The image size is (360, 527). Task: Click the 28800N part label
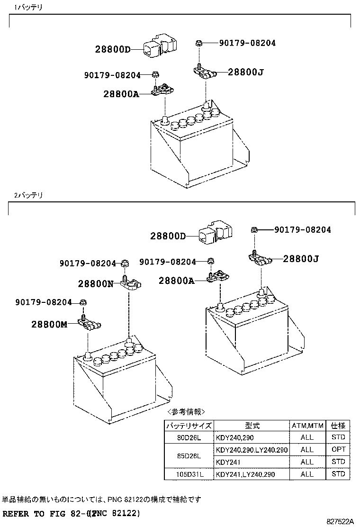96,284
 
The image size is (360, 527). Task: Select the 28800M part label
50,325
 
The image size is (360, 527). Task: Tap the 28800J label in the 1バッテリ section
245,72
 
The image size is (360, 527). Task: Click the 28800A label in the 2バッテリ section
176,281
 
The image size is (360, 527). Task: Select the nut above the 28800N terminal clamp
125,263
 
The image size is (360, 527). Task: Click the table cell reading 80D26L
189,437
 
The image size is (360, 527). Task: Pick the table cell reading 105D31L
189,474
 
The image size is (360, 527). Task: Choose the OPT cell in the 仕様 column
338,449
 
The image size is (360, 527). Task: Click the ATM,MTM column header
307,425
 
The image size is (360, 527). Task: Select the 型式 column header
252,425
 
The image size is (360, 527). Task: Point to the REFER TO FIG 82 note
71,514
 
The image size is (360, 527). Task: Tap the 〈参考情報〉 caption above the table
186,411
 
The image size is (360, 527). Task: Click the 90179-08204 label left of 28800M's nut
44,302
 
